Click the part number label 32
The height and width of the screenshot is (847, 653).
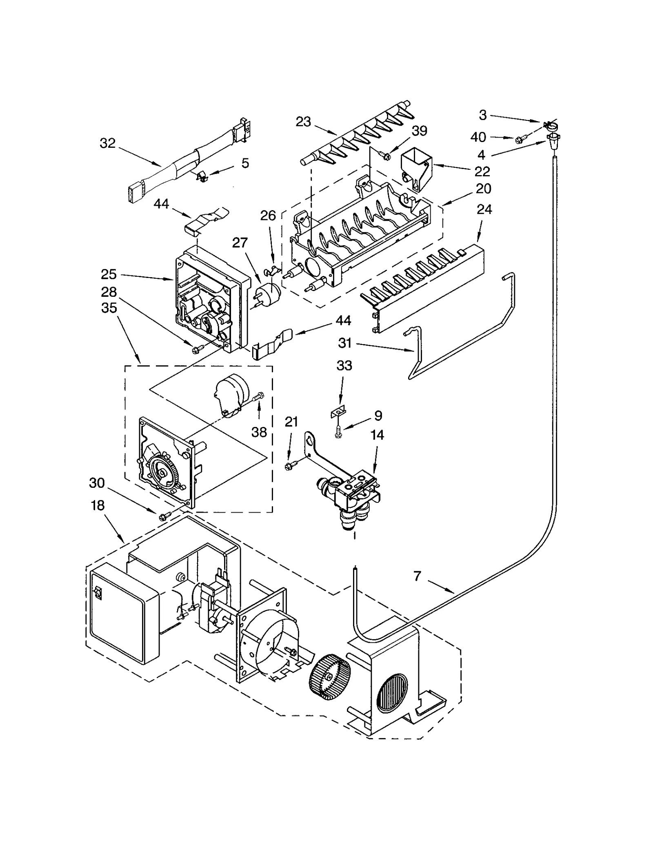tap(107, 143)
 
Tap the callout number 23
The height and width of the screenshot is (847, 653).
tap(303, 122)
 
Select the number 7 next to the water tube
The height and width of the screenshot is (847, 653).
tap(417, 576)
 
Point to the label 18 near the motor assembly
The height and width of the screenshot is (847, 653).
tap(98, 505)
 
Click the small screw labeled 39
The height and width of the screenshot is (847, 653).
tap(384, 154)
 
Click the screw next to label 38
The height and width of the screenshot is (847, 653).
tap(259, 395)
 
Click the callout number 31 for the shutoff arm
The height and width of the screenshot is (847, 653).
tap(345, 343)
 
